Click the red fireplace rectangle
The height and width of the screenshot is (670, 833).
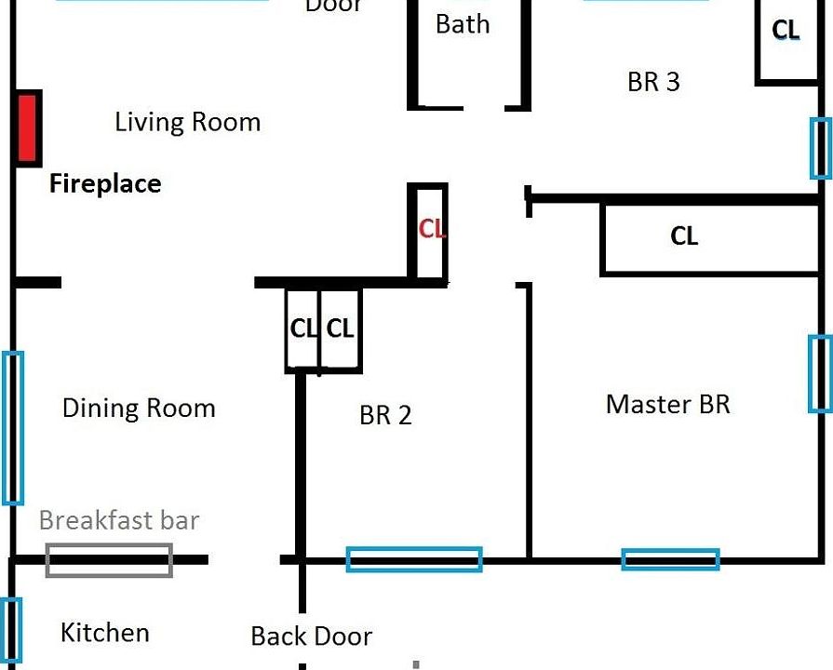click(x=28, y=128)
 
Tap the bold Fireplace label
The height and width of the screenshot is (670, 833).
click(x=105, y=184)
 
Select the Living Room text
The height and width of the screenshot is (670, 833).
click(x=187, y=122)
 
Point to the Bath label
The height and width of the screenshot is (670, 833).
click(x=463, y=24)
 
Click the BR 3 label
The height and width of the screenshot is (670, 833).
click(x=653, y=82)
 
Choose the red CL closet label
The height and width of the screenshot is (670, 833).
click(x=432, y=229)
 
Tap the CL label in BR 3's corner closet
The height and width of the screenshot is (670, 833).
click(x=786, y=31)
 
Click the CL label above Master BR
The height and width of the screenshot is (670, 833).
click(x=684, y=236)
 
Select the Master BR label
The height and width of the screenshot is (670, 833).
click(x=667, y=405)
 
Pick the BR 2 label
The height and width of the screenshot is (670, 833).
click(x=385, y=415)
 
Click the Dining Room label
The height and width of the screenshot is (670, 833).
click(x=139, y=409)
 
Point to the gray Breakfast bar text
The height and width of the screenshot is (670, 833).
click(x=119, y=520)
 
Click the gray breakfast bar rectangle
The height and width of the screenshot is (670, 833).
click(x=110, y=560)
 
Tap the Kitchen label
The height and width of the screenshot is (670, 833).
click(x=104, y=633)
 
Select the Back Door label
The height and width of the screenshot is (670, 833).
click(x=311, y=636)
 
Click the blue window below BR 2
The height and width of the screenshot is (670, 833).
click(x=414, y=559)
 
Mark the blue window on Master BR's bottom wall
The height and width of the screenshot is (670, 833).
click(x=670, y=559)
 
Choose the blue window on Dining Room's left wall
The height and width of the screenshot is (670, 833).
click(x=13, y=428)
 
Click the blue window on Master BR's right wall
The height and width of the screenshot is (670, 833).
click(x=819, y=374)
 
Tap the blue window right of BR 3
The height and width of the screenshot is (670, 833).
click(x=820, y=148)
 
